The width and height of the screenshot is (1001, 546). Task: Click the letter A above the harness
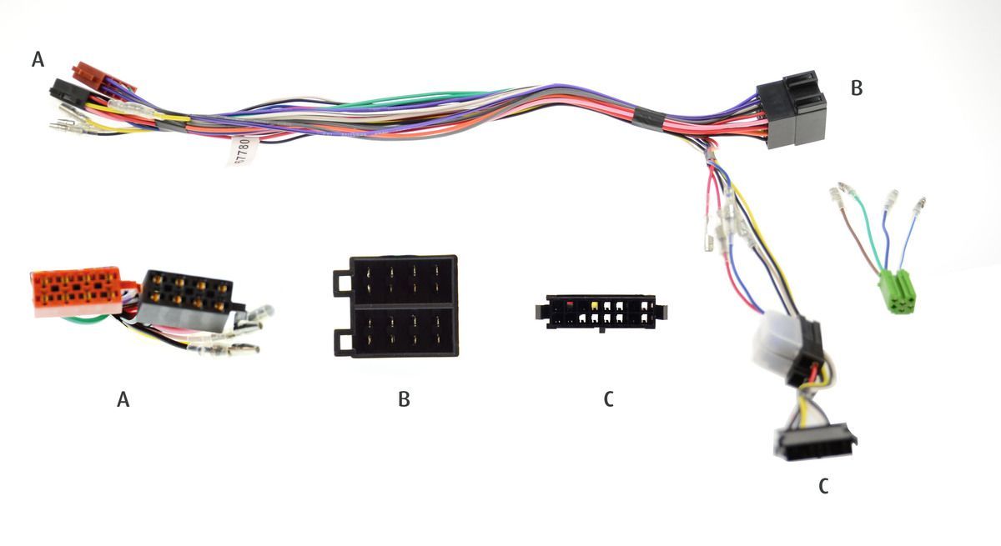(x=38, y=59)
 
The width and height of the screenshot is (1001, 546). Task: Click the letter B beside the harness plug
(x=856, y=88)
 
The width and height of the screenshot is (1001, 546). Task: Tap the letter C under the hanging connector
(x=823, y=486)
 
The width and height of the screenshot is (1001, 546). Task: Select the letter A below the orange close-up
(x=123, y=400)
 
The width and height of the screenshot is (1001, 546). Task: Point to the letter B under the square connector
(x=404, y=399)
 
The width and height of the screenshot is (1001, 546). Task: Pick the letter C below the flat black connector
(x=609, y=399)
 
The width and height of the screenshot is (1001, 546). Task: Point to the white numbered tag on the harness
(x=243, y=151)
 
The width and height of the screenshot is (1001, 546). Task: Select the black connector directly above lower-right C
(x=817, y=443)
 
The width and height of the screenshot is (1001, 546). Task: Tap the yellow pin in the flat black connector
(x=594, y=307)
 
